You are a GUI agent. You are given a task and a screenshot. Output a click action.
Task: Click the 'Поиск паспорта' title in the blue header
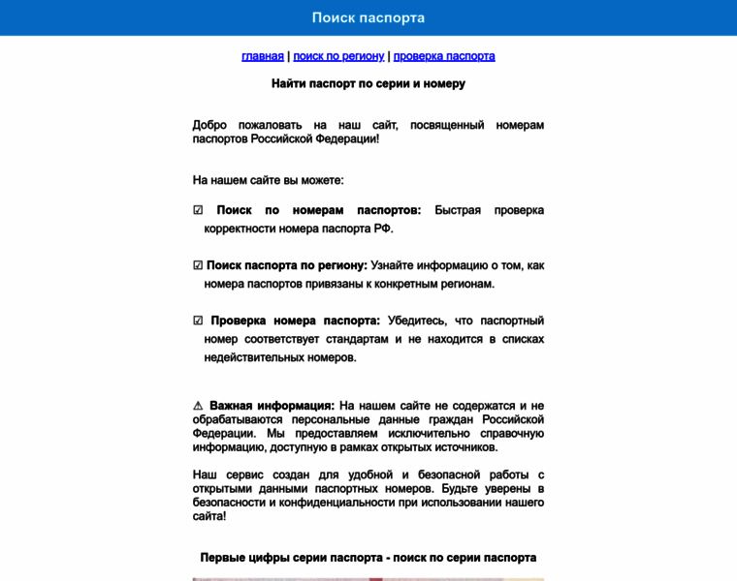(368, 17)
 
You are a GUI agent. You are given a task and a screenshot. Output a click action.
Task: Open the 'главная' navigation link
(263, 56)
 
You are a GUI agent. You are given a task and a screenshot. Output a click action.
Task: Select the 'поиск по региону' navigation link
(338, 56)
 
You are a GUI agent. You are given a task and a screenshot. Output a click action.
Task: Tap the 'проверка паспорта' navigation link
(444, 56)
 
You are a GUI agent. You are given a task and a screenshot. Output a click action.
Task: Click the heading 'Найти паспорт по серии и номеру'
(368, 83)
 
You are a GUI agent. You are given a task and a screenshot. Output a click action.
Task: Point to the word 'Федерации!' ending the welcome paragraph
(348, 138)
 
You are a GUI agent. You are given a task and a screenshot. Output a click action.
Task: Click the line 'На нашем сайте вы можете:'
(269, 180)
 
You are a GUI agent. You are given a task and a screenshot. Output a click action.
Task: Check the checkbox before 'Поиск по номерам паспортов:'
(198, 210)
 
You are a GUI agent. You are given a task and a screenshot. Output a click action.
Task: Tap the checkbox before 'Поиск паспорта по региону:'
(198, 265)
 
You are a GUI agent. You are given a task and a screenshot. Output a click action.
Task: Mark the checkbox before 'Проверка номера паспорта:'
(198, 321)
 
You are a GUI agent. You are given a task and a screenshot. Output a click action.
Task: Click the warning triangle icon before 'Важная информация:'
(198, 406)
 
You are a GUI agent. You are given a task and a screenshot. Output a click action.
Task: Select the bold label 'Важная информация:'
(272, 406)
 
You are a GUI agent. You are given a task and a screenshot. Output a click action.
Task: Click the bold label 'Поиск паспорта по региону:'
(287, 265)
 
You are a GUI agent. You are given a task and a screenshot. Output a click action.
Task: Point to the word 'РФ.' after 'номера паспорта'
(384, 229)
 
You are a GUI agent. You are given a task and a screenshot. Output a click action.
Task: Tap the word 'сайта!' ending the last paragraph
(209, 516)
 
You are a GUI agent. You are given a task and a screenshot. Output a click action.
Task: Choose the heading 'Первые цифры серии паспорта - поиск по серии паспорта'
(368, 558)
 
